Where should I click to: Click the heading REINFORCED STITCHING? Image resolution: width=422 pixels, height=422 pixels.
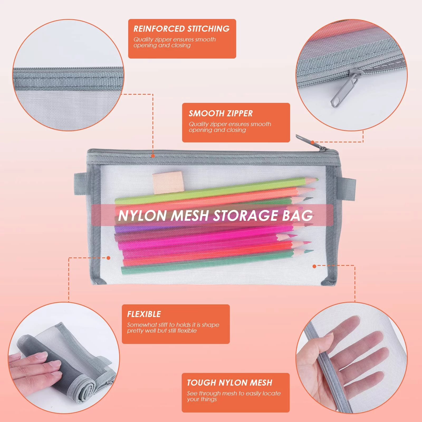pos(181,28)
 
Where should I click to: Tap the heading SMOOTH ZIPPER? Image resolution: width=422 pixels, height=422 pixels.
pos(220,113)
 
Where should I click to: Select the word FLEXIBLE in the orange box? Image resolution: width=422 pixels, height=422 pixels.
pos(144,314)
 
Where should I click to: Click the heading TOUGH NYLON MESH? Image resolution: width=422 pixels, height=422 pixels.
pos(229,383)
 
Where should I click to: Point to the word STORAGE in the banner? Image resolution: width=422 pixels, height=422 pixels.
pos(245,215)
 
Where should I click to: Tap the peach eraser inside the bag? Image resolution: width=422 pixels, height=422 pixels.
pos(168,182)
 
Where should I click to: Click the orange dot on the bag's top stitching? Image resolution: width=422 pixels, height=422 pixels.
pos(153,156)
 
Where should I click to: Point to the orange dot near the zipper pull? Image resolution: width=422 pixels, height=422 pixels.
pos(313,142)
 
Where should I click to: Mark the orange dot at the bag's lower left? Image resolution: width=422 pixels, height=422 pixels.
pos(108,258)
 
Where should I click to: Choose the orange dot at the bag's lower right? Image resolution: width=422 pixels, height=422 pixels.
pos(314,266)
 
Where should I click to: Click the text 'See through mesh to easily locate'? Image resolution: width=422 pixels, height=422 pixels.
pos(234,393)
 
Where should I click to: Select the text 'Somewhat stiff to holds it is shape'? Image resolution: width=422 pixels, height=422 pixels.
pos(173,325)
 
